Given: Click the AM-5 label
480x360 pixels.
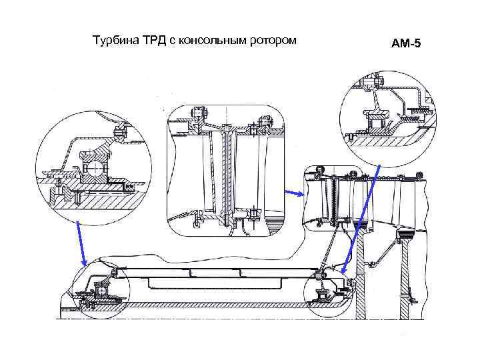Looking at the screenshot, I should [x=407, y=44].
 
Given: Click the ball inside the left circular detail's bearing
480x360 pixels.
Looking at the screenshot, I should [x=93, y=164].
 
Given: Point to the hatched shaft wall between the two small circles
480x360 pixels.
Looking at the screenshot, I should [x=213, y=305].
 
